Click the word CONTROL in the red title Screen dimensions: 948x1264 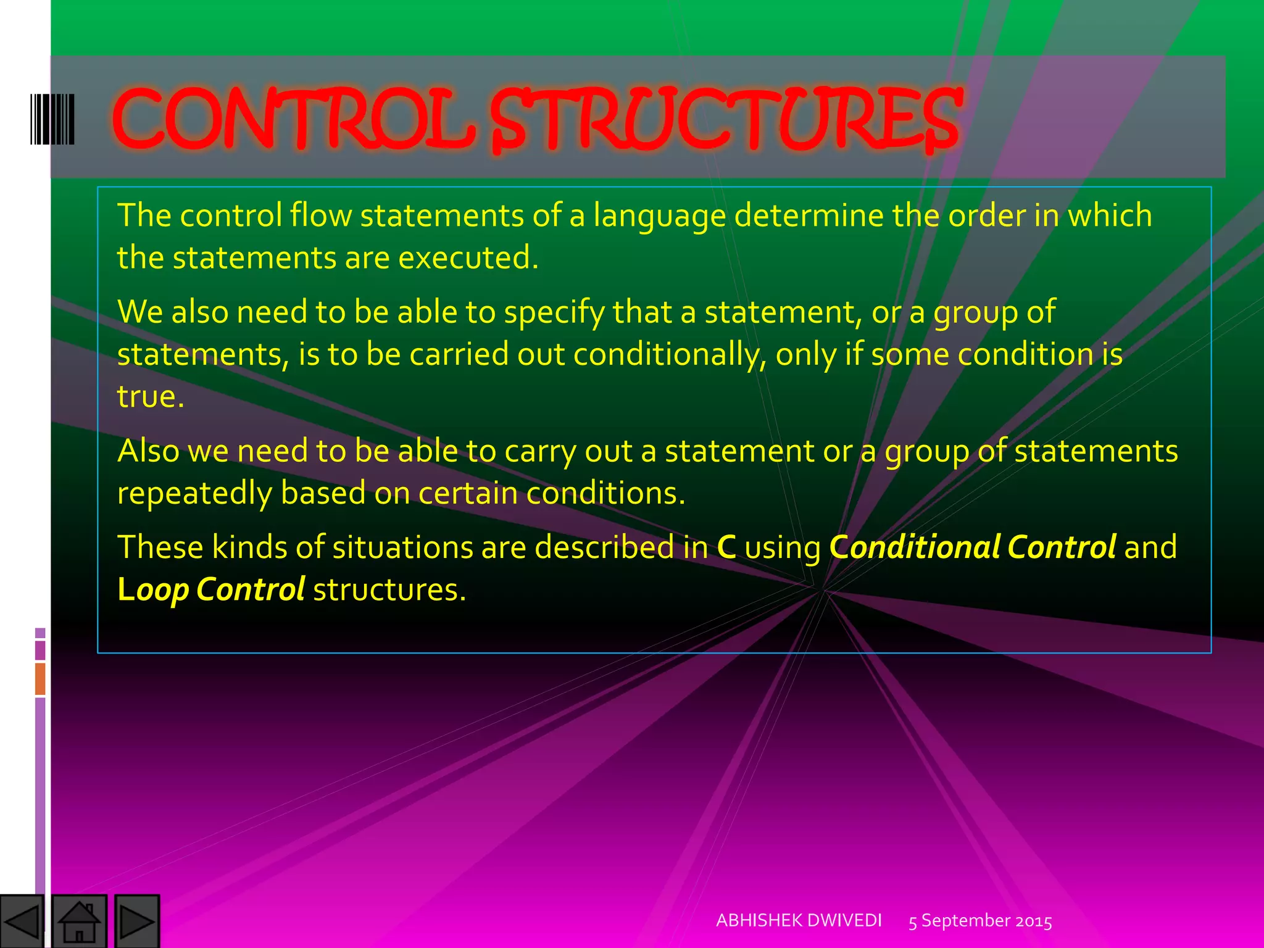tap(294, 118)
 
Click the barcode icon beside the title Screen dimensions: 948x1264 tap(52, 119)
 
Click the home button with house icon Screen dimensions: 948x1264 tap(79, 921)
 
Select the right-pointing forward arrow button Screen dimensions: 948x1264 tap(136, 921)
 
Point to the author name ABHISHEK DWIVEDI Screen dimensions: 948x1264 tap(799, 920)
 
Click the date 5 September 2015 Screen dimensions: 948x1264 tap(980, 921)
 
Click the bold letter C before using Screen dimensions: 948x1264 tap(726, 547)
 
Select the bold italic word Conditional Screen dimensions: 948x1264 tap(913, 547)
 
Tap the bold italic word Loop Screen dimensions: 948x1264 tap(152, 589)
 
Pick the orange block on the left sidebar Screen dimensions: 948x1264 tap(40, 678)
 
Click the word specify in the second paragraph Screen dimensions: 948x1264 tap(554, 312)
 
